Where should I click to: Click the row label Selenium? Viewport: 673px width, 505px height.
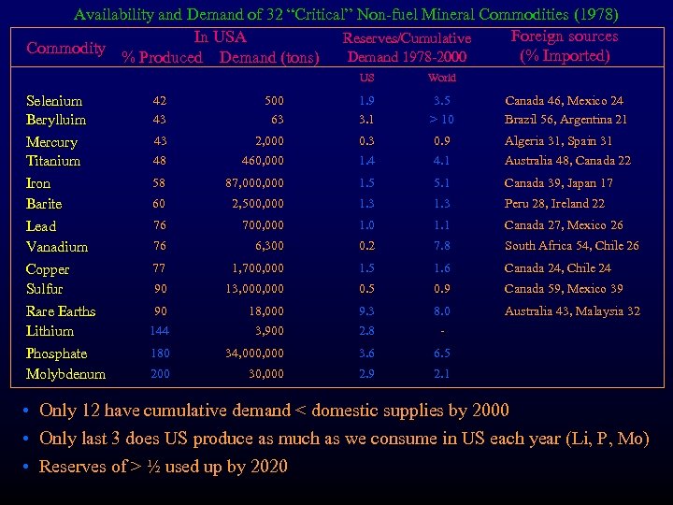[54, 101]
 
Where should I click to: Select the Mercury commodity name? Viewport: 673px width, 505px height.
[51, 142]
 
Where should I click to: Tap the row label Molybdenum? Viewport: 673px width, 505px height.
[65, 374]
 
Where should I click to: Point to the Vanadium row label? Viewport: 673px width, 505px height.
[57, 247]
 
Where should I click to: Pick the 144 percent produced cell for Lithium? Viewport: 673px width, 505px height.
[160, 331]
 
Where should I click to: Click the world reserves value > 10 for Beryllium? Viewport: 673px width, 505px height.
[440, 120]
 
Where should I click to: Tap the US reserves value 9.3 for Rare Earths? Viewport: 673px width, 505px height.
[366, 311]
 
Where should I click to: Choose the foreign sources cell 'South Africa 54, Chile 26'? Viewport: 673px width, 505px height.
[571, 246]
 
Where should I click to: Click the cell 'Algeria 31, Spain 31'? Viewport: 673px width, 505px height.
[558, 141]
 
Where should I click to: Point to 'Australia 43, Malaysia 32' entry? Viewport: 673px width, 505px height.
[572, 311]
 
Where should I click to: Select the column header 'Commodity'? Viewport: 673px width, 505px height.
[65, 49]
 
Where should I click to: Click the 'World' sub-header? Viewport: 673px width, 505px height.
[441, 79]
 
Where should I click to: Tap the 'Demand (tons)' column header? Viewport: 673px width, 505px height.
[269, 58]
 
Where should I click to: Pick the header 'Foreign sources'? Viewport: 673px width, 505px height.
[565, 36]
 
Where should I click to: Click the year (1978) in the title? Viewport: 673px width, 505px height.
[590, 14]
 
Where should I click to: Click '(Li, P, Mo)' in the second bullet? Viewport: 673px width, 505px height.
[601, 438]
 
